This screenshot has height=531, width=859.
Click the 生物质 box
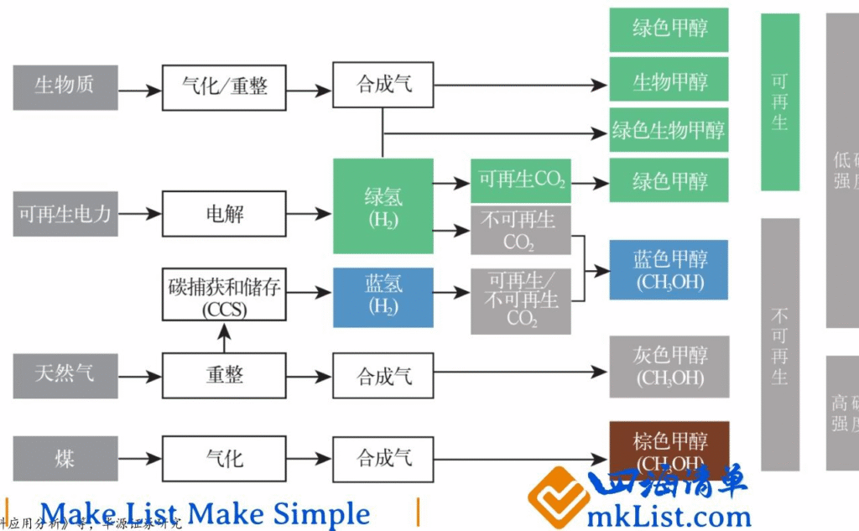tap(65, 86)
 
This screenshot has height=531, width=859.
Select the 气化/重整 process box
tap(224, 86)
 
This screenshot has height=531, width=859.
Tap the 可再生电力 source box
tap(65, 214)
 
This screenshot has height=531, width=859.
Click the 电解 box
tap(224, 214)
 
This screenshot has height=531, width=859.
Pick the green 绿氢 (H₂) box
tap(383, 206)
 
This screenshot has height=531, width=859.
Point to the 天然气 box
tap(65, 375)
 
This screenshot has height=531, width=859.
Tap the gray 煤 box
tap(65, 458)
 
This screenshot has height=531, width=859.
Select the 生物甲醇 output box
tap(669, 82)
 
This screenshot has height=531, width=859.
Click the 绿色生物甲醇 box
tap(669, 130)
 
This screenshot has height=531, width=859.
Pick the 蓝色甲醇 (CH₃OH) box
tap(669, 270)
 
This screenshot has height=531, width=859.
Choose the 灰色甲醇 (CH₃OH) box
tap(669, 367)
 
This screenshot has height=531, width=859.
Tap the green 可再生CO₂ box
tap(521, 180)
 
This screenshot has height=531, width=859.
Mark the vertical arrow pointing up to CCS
tap(224, 337)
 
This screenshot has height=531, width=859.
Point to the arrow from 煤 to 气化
tap(139, 458)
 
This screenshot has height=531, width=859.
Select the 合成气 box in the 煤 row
tap(383, 458)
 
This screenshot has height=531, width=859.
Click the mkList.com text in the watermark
tap(669, 513)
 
